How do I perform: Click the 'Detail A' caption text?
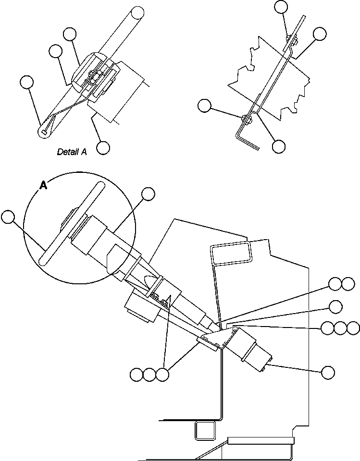(x=72, y=152)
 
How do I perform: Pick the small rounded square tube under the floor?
(x=204, y=430)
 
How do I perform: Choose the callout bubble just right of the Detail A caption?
(x=103, y=147)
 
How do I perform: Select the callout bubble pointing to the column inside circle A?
(x=149, y=194)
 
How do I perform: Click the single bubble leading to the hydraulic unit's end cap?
(x=328, y=371)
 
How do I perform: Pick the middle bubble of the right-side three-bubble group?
(x=340, y=328)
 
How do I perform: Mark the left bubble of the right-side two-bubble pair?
(x=335, y=284)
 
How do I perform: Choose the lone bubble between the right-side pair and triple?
(x=335, y=306)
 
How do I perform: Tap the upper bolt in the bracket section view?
(x=289, y=39)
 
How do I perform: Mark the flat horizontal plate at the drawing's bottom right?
(x=260, y=440)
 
